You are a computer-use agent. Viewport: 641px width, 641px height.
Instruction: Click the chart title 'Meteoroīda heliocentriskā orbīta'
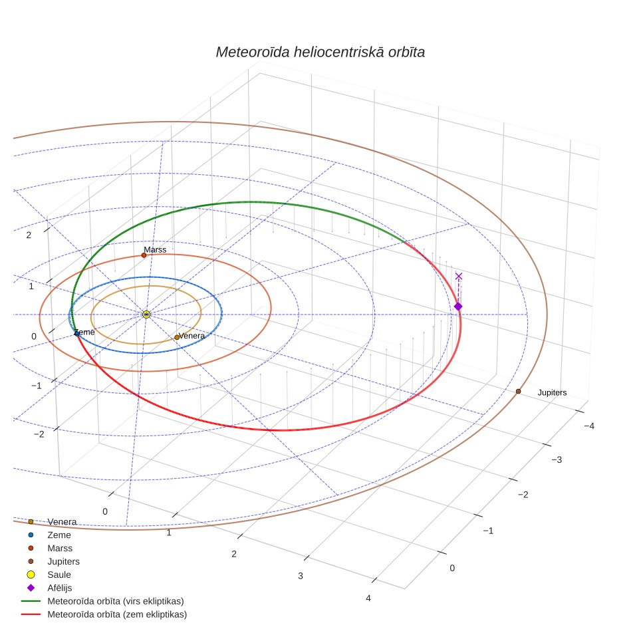pyautogui.click(x=320, y=52)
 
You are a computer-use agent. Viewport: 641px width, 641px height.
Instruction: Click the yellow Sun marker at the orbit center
pyautogui.click(x=146, y=315)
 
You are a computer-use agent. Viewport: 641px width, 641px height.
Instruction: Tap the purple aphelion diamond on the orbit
pyautogui.click(x=458, y=306)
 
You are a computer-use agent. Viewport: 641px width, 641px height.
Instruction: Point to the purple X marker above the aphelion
pyautogui.click(x=459, y=277)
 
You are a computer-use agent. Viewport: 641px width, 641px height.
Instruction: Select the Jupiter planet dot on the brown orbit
pyautogui.click(x=519, y=391)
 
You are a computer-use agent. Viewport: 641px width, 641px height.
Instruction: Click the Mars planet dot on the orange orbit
pyautogui.click(x=144, y=255)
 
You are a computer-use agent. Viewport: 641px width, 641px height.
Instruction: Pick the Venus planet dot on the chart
pyautogui.click(x=177, y=337)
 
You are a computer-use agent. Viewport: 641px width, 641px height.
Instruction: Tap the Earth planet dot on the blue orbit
pyautogui.click(x=76, y=334)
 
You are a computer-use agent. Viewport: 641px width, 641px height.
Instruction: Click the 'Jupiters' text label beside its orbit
pyautogui.click(x=552, y=392)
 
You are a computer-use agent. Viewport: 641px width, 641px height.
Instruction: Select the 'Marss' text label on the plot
pyautogui.click(x=155, y=249)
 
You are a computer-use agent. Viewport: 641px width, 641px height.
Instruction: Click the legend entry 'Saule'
pyautogui.click(x=59, y=575)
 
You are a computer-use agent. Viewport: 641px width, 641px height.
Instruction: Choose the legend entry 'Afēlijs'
pyautogui.click(x=60, y=588)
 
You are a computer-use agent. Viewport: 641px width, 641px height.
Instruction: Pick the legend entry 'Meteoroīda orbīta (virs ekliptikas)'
pyautogui.click(x=116, y=601)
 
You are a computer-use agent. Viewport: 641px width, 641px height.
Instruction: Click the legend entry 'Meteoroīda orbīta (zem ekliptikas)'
pyautogui.click(x=117, y=614)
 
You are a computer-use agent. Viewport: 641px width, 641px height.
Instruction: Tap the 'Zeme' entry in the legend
pyautogui.click(x=59, y=535)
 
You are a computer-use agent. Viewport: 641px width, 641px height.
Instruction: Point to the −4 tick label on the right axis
pyautogui.click(x=589, y=426)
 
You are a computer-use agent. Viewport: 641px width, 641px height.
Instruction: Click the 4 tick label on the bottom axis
pyautogui.click(x=368, y=598)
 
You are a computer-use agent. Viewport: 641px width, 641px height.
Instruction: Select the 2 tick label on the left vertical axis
pyautogui.click(x=29, y=235)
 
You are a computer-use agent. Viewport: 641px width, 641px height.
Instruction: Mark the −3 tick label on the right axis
pyautogui.click(x=557, y=459)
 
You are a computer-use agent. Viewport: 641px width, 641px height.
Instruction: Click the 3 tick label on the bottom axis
pyautogui.click(x=301, y=576)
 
